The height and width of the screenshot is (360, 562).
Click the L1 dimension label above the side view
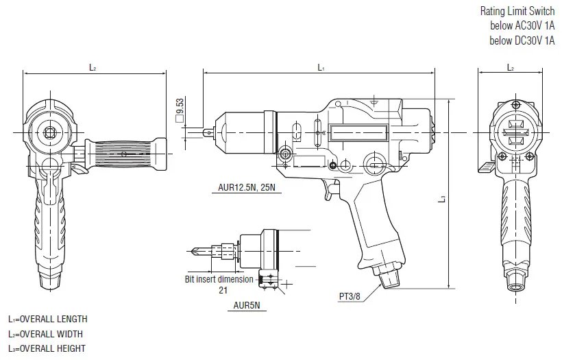point(321,67)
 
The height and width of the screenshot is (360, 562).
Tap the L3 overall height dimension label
point(443,198)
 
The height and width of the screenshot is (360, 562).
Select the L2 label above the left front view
point(93,67)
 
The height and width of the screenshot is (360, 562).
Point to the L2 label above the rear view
point(511,67)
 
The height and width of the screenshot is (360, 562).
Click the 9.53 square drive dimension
point(180,110)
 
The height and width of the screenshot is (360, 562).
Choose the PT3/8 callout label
point(350,296)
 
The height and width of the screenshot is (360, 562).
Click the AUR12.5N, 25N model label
point(247,187)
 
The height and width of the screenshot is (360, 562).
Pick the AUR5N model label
point(247,305)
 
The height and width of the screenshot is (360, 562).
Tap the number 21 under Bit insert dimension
point(223,290)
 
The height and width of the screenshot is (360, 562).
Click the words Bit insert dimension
point(219,279)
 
